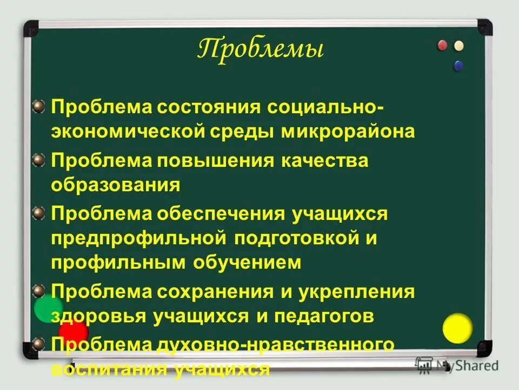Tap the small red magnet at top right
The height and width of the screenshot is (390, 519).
[442, 45]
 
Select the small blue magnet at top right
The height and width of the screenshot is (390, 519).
[458, 66]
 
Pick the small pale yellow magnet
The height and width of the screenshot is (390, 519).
[459, 45]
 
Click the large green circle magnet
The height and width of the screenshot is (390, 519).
[49, 309]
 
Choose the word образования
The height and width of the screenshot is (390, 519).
[115, 185]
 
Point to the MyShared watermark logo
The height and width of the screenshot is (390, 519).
[457, 365]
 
